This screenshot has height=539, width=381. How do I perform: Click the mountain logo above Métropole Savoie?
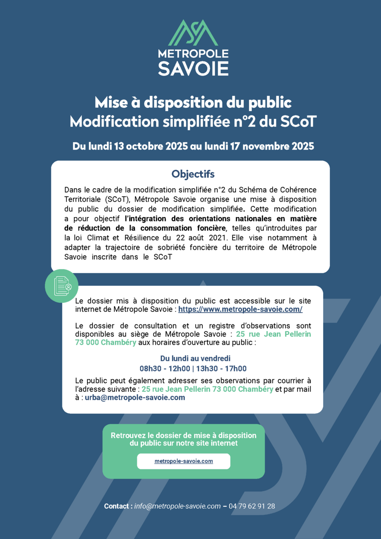coord(193,32)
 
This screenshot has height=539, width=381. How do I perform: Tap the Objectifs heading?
coord(193,173)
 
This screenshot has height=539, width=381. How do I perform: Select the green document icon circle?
coord(62,286)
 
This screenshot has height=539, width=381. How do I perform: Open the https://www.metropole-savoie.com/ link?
coord(240,309)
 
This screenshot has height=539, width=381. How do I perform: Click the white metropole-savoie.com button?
coord(184,461)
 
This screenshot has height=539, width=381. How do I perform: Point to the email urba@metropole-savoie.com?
coord(135,398)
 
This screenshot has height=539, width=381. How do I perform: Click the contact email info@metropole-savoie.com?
coord(177,506)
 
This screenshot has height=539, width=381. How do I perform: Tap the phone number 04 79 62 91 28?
coord(252,506)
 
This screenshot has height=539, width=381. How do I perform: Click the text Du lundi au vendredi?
coord(195,358)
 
